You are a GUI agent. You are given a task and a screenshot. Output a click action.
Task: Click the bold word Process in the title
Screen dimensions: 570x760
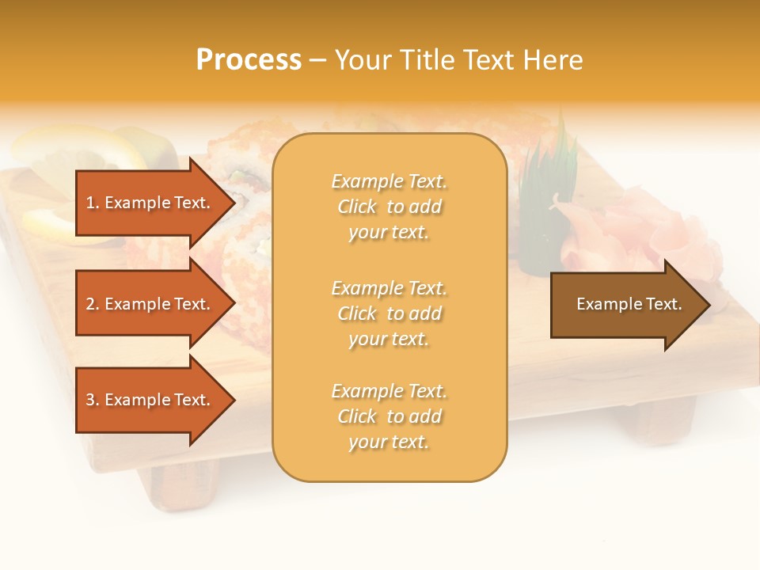(249, 60)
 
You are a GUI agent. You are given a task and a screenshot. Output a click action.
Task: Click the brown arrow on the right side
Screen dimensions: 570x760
(625, 305)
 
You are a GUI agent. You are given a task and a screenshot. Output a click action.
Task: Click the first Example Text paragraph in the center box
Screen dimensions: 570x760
(389, 207)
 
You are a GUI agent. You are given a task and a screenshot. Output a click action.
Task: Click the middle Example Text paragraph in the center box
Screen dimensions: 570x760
(389, 313)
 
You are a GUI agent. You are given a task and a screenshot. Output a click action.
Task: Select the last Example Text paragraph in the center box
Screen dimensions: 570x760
(389, 416)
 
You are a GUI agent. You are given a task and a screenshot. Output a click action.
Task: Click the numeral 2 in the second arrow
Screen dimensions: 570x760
(90, 304)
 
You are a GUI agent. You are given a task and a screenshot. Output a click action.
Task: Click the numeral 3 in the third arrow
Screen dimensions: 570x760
(90, 400)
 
